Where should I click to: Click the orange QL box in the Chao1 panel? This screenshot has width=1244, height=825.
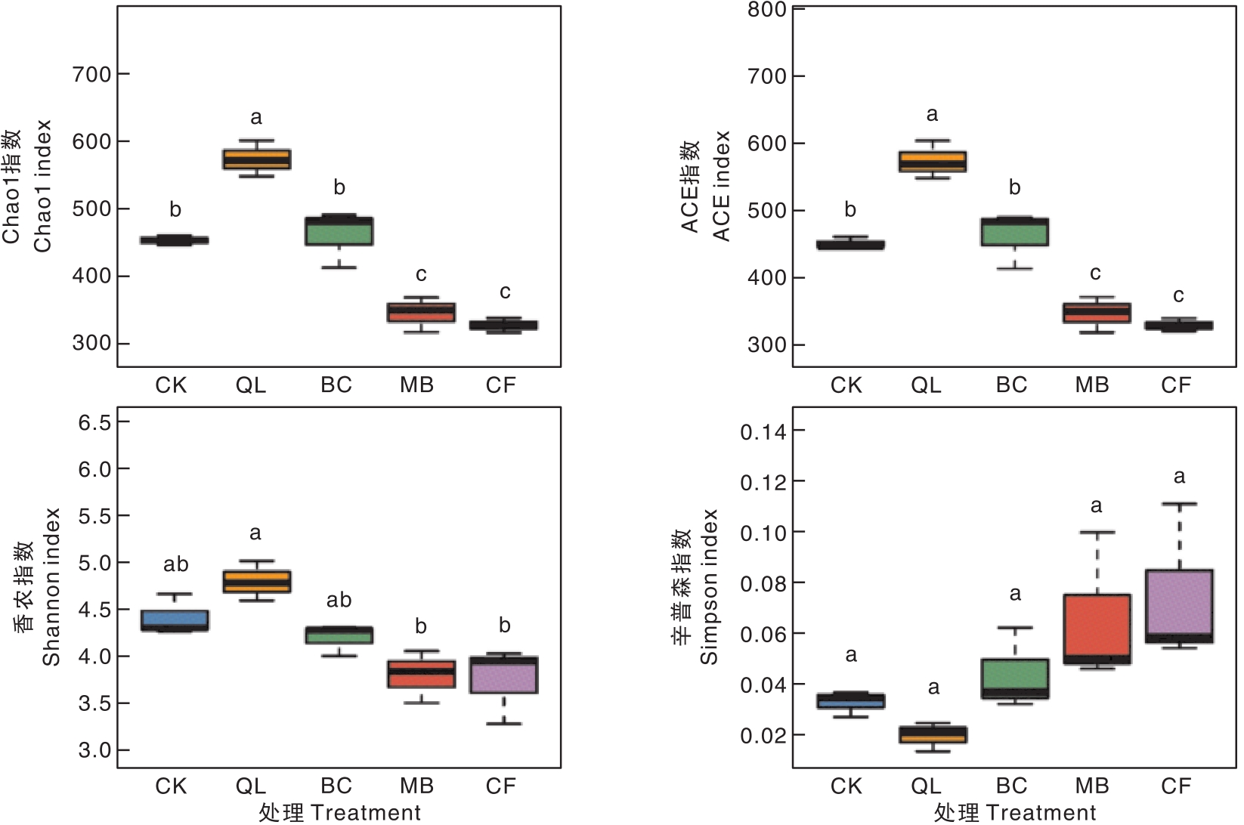[256, 159]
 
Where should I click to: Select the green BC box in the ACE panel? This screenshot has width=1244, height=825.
[1015, 231]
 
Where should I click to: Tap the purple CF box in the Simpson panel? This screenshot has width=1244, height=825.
[1180, 606]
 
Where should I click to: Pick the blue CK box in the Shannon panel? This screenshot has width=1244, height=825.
[175, 620]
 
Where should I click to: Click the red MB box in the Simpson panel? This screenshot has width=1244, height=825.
[1097, 629]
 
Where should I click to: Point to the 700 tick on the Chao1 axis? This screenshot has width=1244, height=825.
[123, 74]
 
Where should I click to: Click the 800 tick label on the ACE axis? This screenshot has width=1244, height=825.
[766, 9]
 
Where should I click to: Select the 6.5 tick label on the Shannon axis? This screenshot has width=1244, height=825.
[94, 422]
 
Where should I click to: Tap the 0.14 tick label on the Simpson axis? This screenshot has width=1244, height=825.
[763, 431]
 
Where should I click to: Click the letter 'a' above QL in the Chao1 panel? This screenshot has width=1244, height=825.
[256, 117]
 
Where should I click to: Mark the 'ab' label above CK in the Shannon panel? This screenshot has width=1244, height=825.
[175, 564]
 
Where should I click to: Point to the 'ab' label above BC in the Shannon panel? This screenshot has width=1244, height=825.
[339, 600]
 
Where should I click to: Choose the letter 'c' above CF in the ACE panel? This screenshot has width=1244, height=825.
[1178, 295]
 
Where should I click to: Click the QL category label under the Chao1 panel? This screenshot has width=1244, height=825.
[251, 385]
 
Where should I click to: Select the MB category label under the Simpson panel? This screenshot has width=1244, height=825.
[1092, 786]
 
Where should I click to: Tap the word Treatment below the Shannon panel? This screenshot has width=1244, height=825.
[366, 813]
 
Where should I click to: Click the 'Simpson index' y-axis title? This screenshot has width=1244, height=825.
[709, 587]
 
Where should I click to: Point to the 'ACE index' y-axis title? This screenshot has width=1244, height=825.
[722, 186]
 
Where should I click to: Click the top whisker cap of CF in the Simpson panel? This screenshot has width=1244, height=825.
[1180, 504]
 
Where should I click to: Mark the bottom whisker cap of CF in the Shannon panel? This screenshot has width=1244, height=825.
[503, 724]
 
